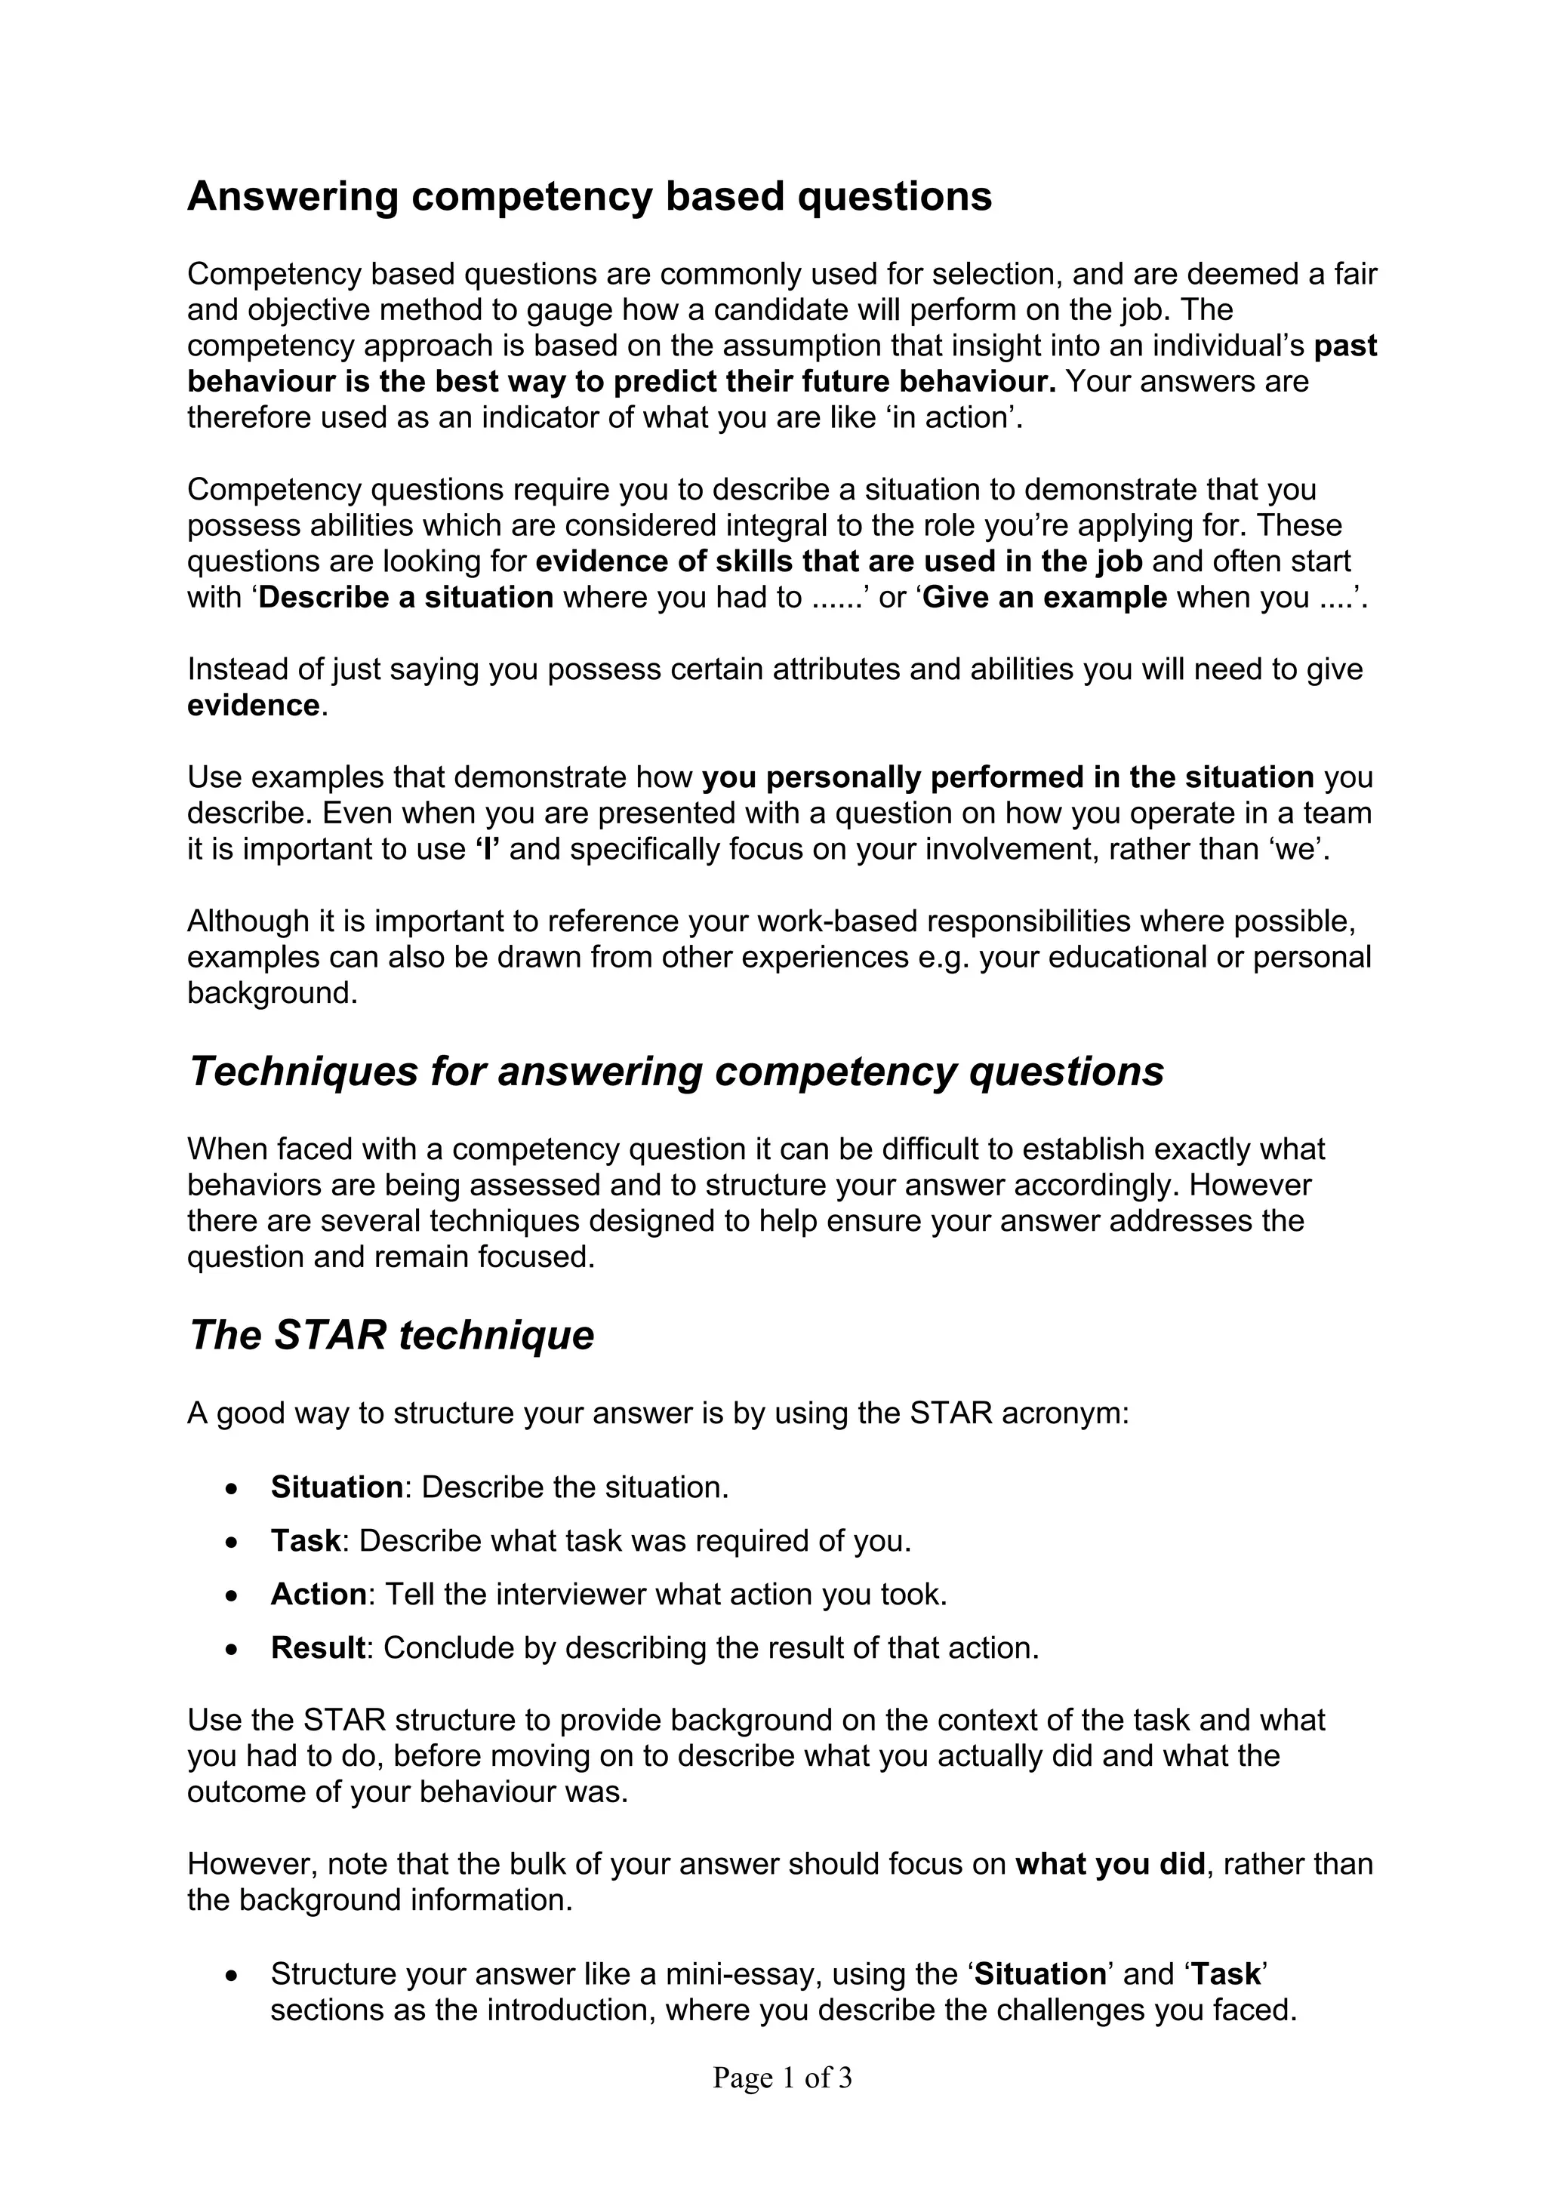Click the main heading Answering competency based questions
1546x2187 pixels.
coord(589,197)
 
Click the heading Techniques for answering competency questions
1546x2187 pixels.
coord(676,1071)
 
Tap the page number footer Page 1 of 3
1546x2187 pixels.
coord(781,2077)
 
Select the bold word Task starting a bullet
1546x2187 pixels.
coord(305,1540)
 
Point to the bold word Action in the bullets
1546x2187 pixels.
coord(318,1594)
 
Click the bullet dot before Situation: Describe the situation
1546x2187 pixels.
coord(232,1489)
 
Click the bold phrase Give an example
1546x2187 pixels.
coord(1044,597)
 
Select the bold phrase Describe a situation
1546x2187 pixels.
coord(406,597)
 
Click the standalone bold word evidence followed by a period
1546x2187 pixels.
coord(252,705)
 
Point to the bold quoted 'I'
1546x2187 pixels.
coord(487,849)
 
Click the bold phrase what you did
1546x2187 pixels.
coord(1110,1863)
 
